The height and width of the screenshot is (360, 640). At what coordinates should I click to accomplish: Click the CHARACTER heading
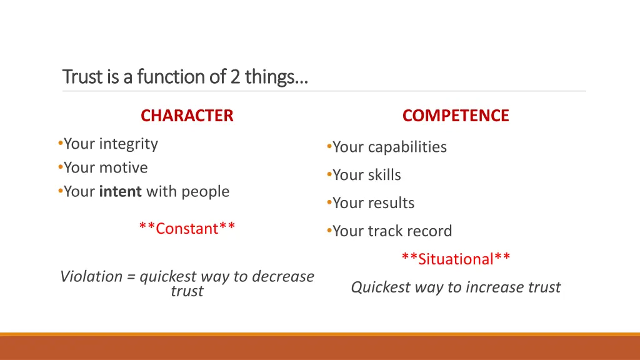(187, 116)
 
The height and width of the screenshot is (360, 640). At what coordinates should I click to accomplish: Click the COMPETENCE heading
(456, 116)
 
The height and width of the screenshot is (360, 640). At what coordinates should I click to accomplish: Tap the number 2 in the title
(235, 77)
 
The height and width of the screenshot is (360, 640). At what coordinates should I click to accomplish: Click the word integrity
(128, 144)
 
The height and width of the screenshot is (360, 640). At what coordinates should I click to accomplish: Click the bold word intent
(121, 191)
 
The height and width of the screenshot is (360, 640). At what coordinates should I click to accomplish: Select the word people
(206, 192)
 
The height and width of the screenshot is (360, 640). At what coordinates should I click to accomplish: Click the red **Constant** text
(187, 228)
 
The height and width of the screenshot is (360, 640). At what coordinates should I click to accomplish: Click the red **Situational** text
(456, 259)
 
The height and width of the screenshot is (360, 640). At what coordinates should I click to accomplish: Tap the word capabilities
(407, 147)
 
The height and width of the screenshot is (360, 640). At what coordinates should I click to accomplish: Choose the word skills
(384, 175)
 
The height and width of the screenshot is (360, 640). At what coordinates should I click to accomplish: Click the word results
(391, 203)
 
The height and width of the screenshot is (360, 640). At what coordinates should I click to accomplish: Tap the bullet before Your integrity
(59, 144)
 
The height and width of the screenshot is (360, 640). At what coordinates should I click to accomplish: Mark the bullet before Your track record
(328, 231)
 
